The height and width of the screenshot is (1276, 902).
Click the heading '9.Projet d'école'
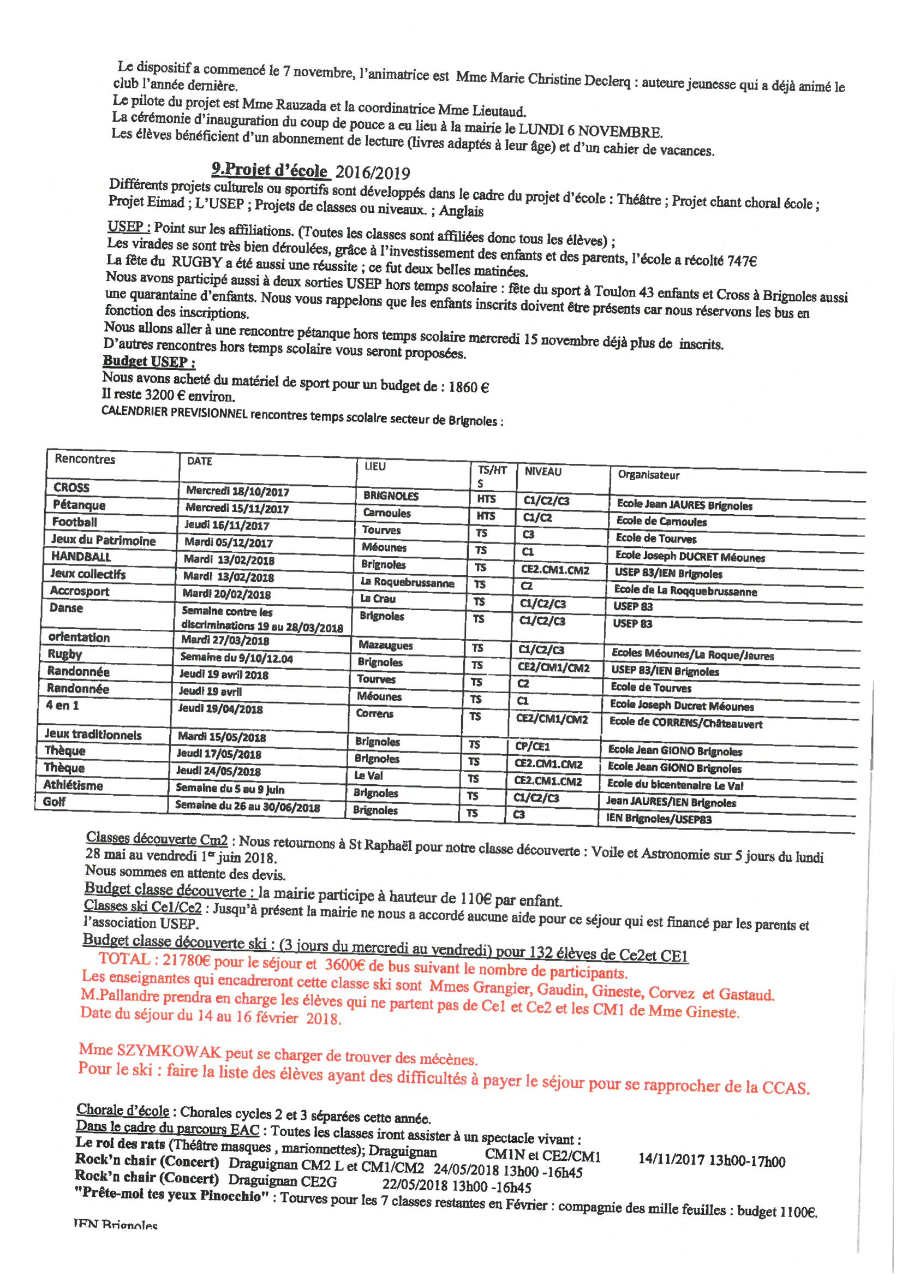point(270,169)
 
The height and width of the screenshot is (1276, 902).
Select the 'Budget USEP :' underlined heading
point(148,361)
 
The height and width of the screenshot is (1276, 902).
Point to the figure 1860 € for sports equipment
point(469,387)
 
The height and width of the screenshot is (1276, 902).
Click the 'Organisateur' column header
point(649,475)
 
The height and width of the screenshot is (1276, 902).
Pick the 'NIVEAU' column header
point(543,472)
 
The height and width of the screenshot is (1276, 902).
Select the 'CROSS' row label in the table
point(71,487)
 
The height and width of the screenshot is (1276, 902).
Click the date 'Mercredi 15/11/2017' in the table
point(237,508)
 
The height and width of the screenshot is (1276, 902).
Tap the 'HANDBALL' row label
point(81,556)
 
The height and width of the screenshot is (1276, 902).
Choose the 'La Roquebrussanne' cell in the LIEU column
point(408,582)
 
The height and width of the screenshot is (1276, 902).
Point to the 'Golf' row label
point(55,801)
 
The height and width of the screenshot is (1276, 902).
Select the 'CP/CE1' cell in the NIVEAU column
point(532,747)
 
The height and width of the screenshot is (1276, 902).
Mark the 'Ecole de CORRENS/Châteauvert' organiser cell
point(686,723)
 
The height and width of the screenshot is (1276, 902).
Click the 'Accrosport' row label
point(80,591)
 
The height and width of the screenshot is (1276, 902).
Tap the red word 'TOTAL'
point(124,959)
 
